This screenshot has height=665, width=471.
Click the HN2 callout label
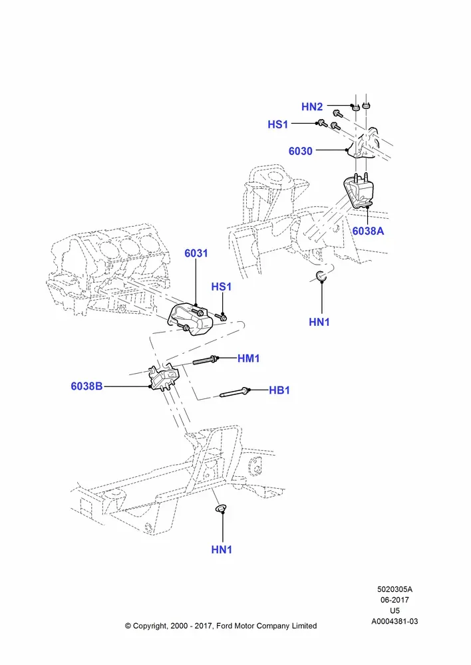coord(312,106)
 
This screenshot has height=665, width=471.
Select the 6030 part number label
coord(301,151)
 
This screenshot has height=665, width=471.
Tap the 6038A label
coord(368,231)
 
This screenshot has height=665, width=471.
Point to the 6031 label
coord(196,253)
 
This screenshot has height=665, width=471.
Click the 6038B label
coord(86,386)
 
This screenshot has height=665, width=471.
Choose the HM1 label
coord(249,358)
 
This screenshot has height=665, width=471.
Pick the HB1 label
coord(279,390)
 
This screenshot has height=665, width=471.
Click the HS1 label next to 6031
coord(222,287)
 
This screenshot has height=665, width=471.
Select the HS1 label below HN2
coord(278,124)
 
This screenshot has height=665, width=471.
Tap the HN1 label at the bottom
coord(222,550)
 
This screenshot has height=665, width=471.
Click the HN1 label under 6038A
coord(319,323)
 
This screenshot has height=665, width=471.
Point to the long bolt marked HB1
coord(234,392)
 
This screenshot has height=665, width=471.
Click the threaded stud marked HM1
coord(206,360)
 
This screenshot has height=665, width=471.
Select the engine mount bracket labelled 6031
coord(189,321)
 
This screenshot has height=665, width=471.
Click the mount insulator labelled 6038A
coord(359,192)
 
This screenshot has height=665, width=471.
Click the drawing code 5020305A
coord(394,589)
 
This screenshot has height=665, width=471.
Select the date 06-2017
coord(394,600)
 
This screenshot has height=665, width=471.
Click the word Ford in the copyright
coord(224,626)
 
